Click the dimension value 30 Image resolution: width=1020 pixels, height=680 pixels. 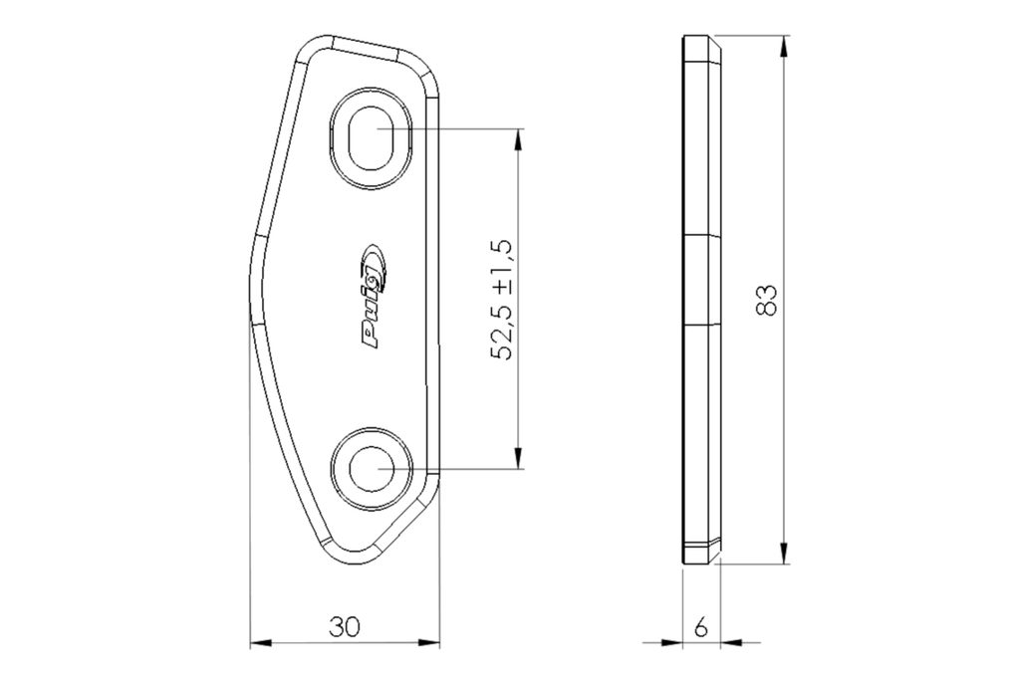click(x=344, y=627)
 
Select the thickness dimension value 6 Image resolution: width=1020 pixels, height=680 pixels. click(x=700, y=628)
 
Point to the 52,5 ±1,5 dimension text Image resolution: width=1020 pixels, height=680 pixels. click(x=502, y=300)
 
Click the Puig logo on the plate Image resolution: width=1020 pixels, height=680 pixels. click(x=376, y=296)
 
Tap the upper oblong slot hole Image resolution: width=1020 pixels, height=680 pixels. click(x=372, y=137)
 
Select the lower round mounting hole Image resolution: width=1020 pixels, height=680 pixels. click(x=372, y=467)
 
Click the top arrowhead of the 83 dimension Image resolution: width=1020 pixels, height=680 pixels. click(x=785, y=46)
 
